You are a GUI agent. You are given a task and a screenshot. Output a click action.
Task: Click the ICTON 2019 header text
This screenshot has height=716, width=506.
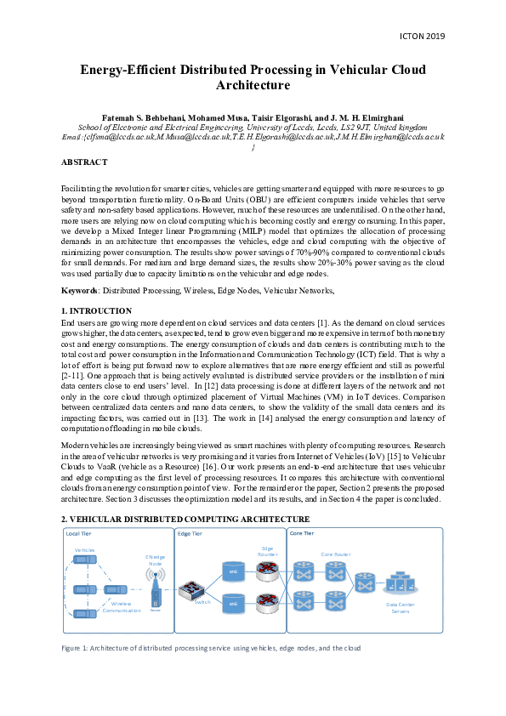click(x=421, y=37)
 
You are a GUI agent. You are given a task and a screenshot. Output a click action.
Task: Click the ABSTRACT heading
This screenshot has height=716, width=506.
click(x=84, y=162)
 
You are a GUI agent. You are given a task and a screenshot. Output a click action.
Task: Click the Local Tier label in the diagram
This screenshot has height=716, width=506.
click(x=78, y=533)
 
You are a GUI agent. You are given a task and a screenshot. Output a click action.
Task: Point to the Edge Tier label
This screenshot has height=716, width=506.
click(x=190, y=533)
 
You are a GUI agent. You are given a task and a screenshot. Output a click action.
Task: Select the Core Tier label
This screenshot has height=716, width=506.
click(x=304, y=533)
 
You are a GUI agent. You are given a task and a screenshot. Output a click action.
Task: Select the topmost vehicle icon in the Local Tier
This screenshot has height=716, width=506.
click(x=85, y=560)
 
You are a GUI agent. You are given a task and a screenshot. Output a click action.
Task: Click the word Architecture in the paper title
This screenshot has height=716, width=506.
click(x=253, y=85)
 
